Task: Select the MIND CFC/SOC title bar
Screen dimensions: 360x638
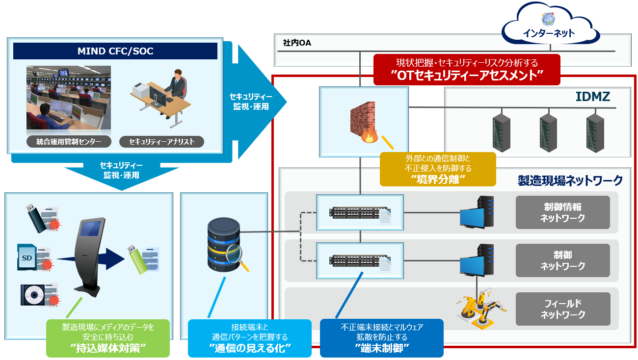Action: [x=115, y=51]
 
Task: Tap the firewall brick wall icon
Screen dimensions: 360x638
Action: [x=363, y=120]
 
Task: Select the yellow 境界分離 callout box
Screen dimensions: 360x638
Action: [x=438, y=169]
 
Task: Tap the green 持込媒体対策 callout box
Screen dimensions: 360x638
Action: [x=107, y=338]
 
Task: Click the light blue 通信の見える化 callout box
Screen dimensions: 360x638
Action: [x=250, y=338]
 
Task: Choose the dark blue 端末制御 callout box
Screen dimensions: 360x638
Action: [x=382, y=338]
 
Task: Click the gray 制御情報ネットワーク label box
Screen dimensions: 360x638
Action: [x=562, y=212]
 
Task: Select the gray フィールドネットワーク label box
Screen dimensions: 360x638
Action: [x=562, y=309]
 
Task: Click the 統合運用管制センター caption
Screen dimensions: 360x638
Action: [x=69, y=142]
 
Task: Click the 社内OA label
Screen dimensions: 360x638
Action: [x=297, y=43]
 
